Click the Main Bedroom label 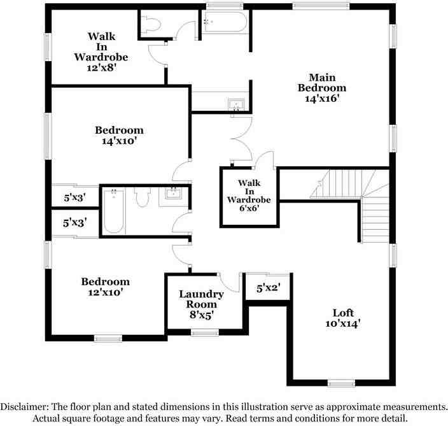322,82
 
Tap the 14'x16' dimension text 322,99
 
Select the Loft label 342,313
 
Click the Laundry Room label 200,299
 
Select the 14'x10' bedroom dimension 118,141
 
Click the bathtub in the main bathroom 225,22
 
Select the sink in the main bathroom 237,104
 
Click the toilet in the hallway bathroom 142,198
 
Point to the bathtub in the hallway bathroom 114,210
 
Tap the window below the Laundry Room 205,332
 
